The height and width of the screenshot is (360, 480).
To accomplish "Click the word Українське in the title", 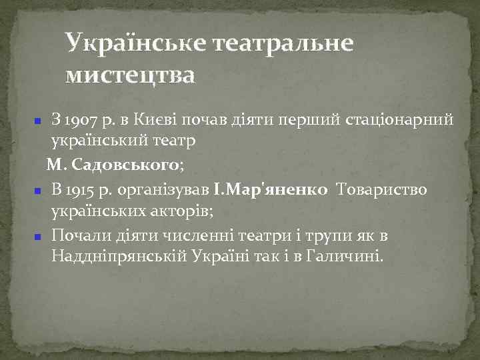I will [x=134, y=45].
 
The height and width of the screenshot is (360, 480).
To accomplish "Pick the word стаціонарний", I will [x=400, y=121].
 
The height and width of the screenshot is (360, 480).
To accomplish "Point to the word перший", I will [x=313, y=121].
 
